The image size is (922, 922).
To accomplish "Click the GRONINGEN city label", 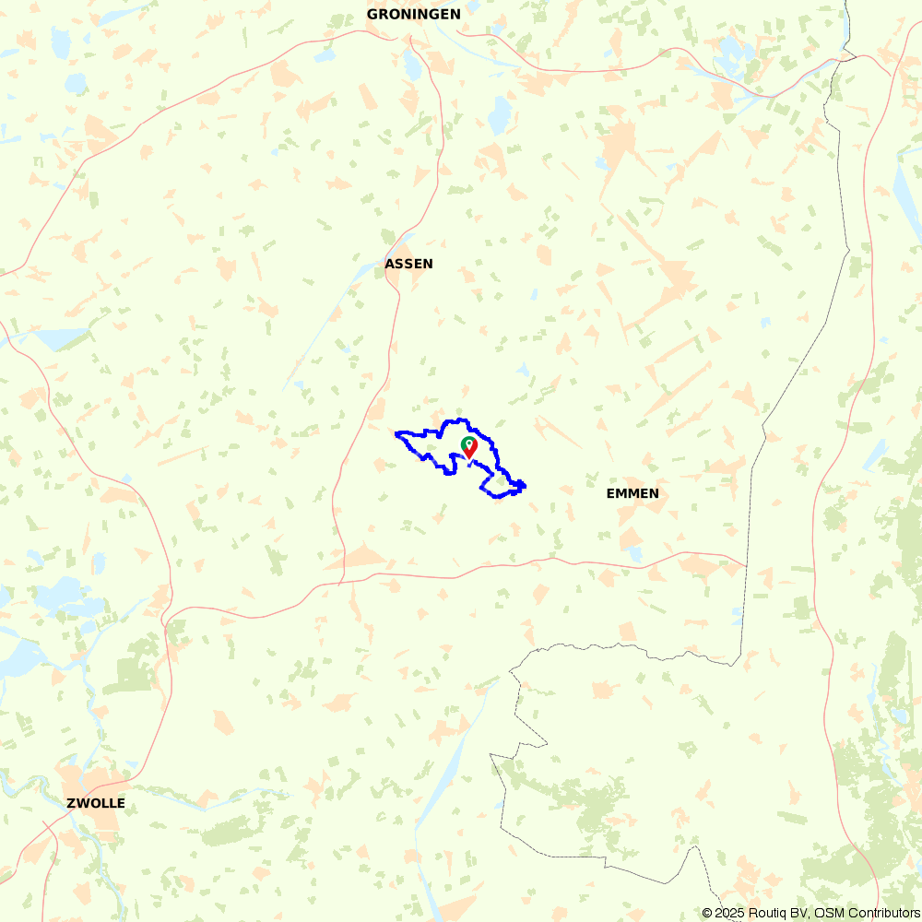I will coord(413,14).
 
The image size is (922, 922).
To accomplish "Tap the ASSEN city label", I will coord(408,264).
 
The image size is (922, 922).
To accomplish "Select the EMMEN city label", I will coord(632,493).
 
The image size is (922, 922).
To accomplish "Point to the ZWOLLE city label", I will coord(96,803).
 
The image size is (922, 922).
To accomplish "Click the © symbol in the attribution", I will coord(707,913).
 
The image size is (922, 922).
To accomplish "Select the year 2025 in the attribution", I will coord(729,913).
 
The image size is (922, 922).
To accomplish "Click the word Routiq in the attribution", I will coord(769,913).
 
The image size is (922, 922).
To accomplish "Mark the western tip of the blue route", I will coord(396,433).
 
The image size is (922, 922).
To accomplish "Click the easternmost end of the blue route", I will coord(525,485).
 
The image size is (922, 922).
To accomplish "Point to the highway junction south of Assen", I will coord(341,582).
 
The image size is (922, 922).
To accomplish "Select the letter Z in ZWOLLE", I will coord(71,803).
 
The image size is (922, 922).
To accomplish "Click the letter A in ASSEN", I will coord(389,264).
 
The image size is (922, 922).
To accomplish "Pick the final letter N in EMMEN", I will coord(654,493).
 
